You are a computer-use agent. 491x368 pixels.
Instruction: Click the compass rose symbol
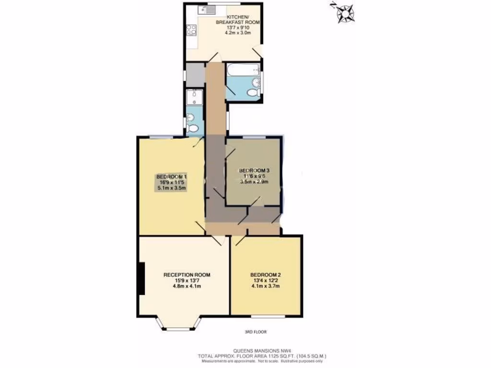[344, 12]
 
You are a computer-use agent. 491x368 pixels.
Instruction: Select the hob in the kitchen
[190, 30]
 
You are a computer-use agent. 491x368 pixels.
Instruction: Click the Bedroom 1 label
[172, 177]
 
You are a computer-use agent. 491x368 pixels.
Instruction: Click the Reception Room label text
[187, 275]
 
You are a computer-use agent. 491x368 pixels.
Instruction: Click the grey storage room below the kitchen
[195, 74]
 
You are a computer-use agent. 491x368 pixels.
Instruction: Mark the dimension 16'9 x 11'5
[172, 183]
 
